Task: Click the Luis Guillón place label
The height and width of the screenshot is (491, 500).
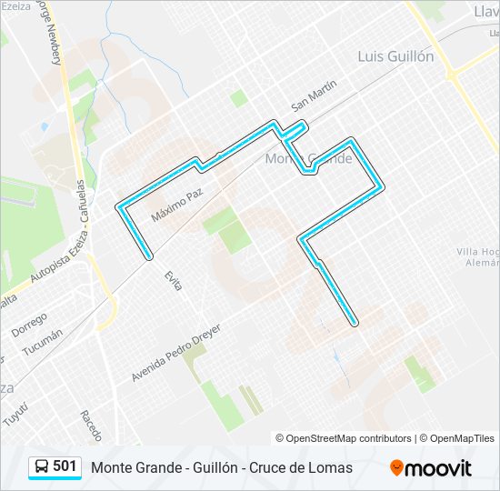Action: [x=395, y=56]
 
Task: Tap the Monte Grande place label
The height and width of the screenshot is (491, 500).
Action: [x=308, y=158]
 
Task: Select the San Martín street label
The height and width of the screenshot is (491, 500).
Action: [x=315, y=95]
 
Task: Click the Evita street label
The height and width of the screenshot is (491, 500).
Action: [x=174, y=280]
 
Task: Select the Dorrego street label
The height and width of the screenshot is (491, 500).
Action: [x=29, y=325]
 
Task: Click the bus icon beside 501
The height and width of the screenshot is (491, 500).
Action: [x=42, y=466]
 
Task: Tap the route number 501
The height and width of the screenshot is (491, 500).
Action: [x=65, y=466]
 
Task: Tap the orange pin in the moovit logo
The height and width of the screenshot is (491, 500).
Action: [x=396, y=467]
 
